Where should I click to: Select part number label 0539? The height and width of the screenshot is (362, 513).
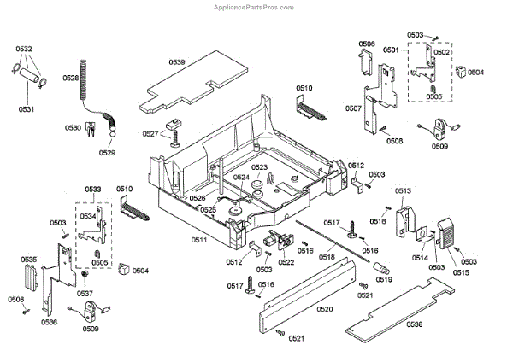177,62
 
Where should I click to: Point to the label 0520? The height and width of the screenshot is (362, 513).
324,308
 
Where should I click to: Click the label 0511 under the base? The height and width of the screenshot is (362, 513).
198,240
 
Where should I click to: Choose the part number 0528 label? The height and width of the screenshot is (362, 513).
70,78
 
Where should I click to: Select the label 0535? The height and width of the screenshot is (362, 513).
28,259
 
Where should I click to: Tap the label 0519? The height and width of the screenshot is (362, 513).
384,278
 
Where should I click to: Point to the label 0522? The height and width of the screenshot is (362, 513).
286,261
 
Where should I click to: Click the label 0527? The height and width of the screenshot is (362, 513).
150,134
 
